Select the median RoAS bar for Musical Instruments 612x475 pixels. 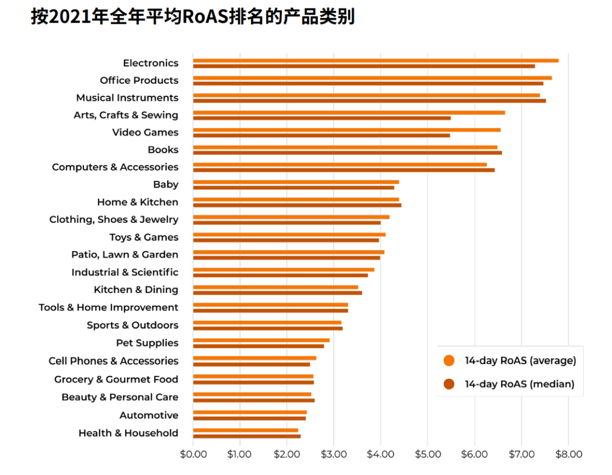[369, 101]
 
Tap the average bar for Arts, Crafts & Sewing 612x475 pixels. [348, 112]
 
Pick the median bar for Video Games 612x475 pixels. [321, 135]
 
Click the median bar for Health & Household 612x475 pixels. [246, 436]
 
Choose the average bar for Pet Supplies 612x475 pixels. [261, 340]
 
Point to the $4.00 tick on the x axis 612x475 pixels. [381, 454]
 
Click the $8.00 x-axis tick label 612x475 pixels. [568, 454]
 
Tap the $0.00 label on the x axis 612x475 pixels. [193, 454]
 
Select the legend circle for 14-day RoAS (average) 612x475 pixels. [449, 361]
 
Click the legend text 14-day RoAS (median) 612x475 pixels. [520, 384]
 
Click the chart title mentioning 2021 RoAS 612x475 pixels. [193, 16]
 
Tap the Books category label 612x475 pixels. [163, 150]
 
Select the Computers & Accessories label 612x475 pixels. [115, 167]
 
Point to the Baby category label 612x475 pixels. [165, 184]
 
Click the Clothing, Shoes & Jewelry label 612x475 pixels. [113, 219]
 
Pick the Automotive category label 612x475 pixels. [148, 415]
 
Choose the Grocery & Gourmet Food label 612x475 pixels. [116, 379]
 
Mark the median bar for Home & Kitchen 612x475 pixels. [297, 205]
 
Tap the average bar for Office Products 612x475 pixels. [372, 78]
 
